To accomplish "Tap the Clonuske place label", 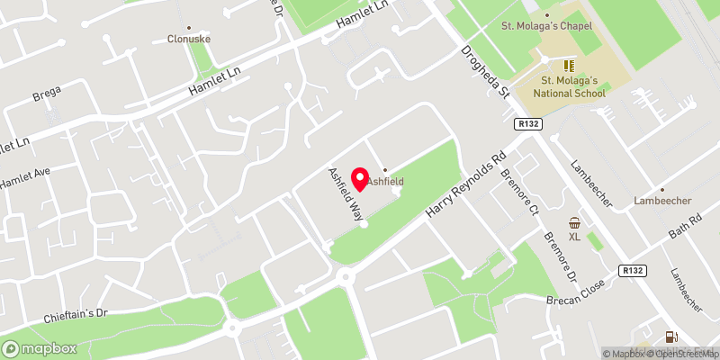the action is tap(187, 39).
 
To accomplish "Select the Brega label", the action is tap(46, 92).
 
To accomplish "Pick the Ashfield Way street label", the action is tap(345, 195).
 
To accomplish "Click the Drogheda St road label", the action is tap(487, 76).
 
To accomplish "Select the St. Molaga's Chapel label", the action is tap(546, 25).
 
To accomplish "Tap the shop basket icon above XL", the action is tap(574, 222).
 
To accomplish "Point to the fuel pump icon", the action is tap(670, 337).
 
